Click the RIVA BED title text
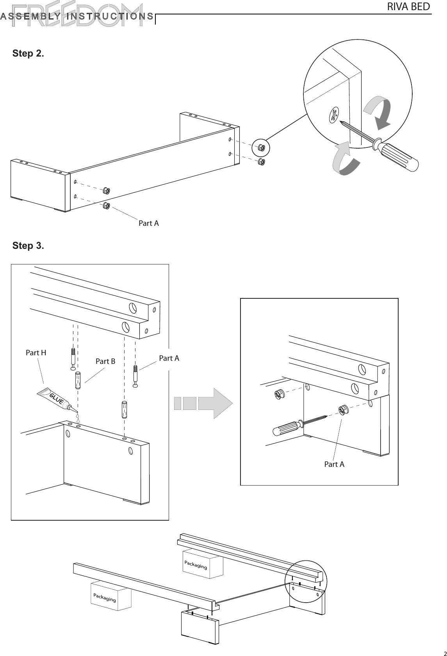(x=408, y=7)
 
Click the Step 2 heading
(x=28, y=53)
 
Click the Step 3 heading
(x=28, y=246)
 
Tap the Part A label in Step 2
(x=149, y=223)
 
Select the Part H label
(x=36, y=353)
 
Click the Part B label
(x=105, y=362)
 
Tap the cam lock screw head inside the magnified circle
(x=334, y=115)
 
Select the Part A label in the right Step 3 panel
(x=334, y=464)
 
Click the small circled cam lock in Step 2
(x=261, y=148)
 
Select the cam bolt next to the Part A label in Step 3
(x=135, y=376)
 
